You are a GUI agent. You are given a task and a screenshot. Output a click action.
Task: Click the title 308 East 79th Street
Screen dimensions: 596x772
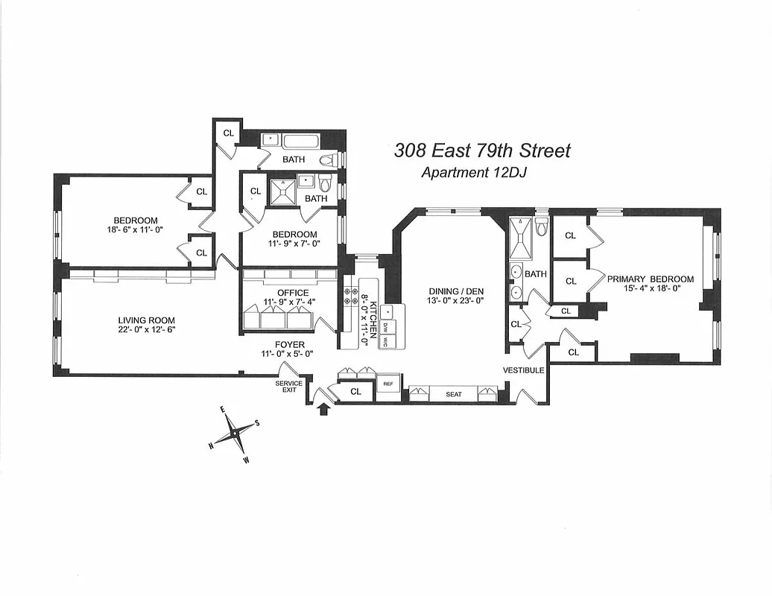coord(482,150)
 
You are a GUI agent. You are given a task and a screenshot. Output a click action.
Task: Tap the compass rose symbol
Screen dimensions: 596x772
coord(235,432)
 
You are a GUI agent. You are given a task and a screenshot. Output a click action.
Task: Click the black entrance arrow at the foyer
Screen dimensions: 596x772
coord(324,409)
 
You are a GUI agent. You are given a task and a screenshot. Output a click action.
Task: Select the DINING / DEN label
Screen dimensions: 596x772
coord(457,291)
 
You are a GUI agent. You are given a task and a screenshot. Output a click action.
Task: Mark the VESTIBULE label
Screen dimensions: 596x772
coord(523,370)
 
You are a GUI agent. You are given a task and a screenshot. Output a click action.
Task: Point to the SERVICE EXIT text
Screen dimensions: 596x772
coord(288,386)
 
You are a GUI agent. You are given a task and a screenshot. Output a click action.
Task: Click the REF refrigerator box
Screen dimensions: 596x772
coord(387,384)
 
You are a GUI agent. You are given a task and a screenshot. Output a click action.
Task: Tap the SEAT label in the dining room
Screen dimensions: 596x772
coord(454,395)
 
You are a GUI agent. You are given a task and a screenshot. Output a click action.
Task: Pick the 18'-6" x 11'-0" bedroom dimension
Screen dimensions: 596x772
coord(135,230)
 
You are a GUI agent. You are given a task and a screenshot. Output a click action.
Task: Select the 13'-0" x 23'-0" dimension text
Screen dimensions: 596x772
coord(457,302)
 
